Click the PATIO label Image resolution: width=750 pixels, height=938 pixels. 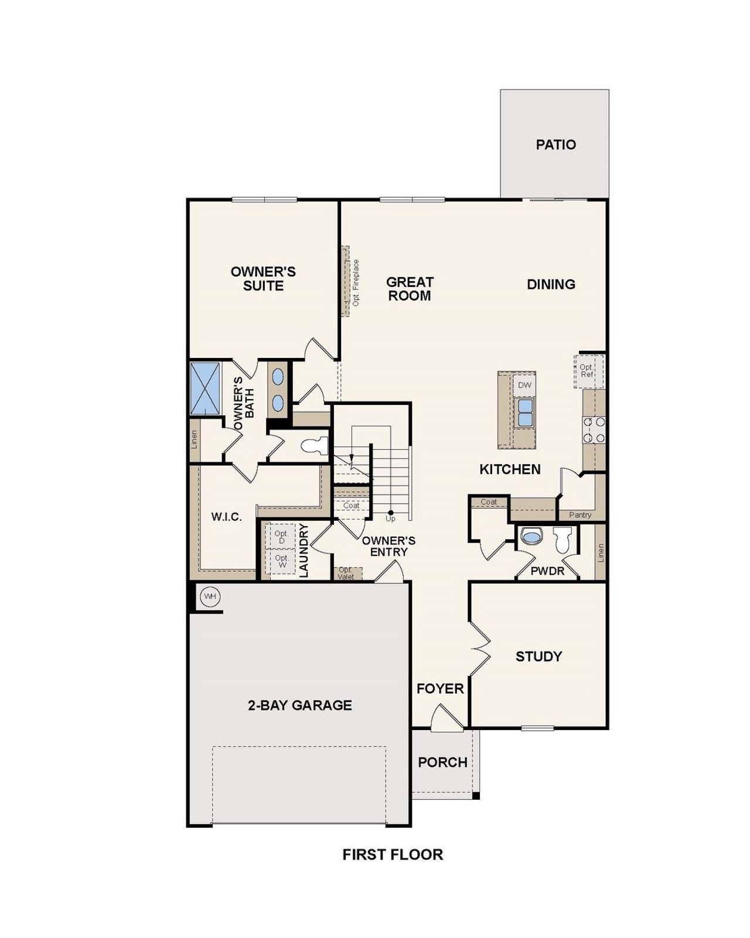(x=555, y=145)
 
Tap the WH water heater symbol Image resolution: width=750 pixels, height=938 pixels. (x=210, y=597)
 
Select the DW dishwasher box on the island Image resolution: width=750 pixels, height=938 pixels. (x=524, y=385)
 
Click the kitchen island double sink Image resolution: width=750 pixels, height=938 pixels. (x=524, y=412)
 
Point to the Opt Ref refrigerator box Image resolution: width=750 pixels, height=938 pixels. (x=587, y=371)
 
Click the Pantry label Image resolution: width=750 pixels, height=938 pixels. (x=580, y=515)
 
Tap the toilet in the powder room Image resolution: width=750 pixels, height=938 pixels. (x=562, y=540)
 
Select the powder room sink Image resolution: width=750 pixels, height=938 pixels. (x=531, y=537)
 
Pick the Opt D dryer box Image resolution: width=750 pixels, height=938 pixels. (x=281, y=537)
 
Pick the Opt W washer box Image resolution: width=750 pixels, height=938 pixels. (x=281, y=561)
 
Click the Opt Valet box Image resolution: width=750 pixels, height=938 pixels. (x=346, y=573)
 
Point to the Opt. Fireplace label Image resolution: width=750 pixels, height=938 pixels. (x=356, y=282)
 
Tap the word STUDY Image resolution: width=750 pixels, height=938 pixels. (x=538, y=656)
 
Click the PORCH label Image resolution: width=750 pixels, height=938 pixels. (x=442, y=762)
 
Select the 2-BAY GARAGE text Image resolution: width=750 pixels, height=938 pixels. (x=299, y=705)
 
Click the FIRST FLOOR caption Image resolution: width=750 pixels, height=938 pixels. (x=393, y=854)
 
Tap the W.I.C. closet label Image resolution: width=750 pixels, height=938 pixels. (x=226, y=517)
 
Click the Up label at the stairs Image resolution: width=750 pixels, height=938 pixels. (x=390, y=519)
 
